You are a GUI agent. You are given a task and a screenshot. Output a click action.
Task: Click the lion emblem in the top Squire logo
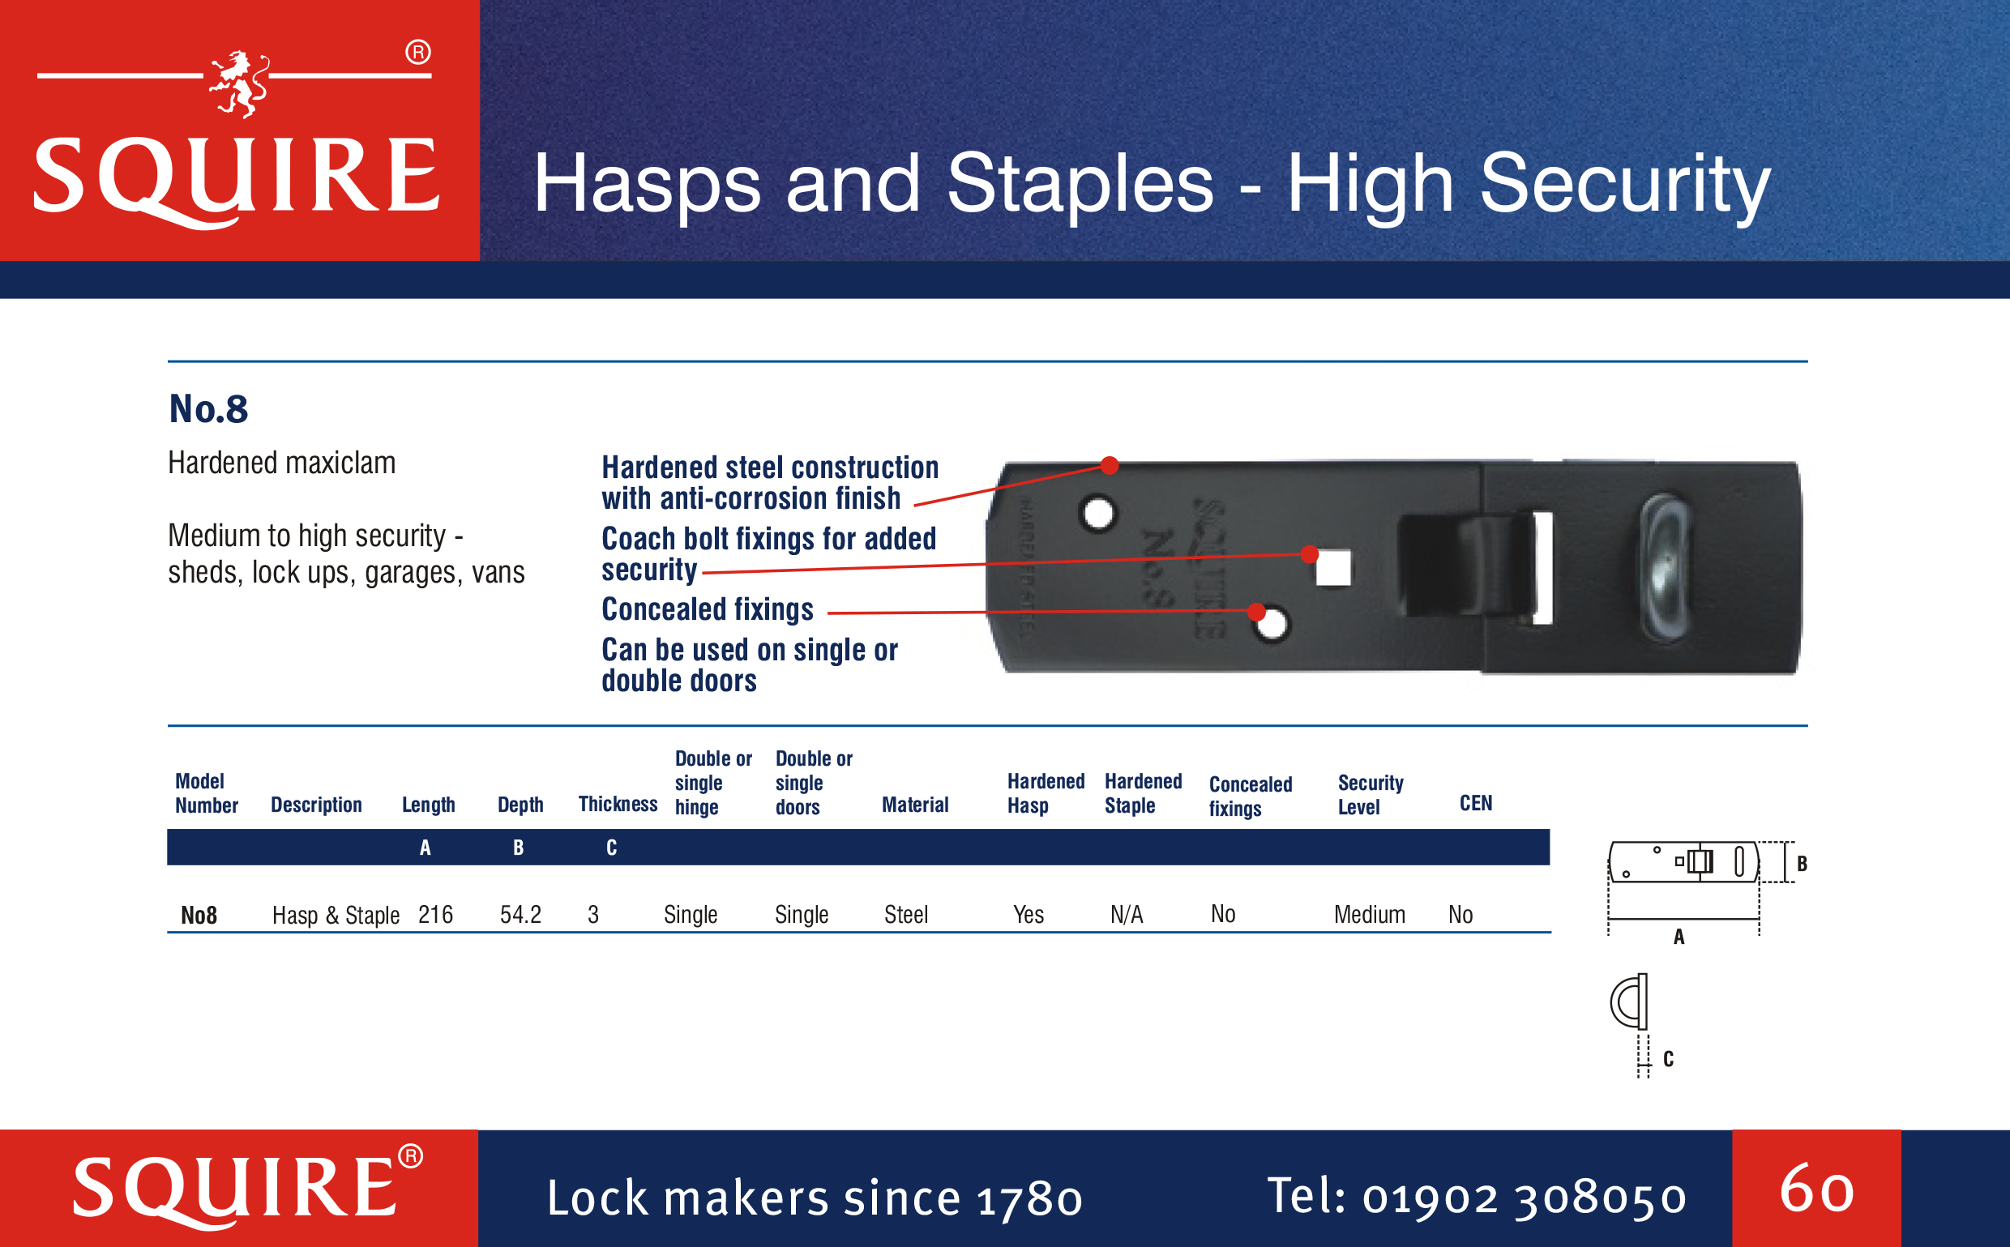(238, 84)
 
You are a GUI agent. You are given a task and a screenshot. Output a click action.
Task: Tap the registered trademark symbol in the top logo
(418, 53)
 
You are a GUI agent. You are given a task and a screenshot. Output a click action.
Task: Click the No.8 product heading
(208, 409)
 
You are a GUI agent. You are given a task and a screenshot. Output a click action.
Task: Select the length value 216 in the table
(435, 915)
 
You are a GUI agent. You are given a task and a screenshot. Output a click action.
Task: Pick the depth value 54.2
(520, 915)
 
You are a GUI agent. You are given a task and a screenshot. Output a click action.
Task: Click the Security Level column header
(1370, 794)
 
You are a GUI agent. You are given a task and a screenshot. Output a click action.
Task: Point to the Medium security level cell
(1369, 915)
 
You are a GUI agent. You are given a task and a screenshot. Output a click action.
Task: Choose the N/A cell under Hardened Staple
(1127, 915)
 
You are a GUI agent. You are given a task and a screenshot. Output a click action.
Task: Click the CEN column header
(1476, 803)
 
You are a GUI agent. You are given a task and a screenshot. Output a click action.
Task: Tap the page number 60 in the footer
(1816, 1189)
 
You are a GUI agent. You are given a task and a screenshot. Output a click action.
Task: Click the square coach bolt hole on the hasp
(1333, 568)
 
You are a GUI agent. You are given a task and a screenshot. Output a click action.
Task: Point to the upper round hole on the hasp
(1097, 514)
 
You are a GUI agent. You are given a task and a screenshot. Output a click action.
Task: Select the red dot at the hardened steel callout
(1110, 465)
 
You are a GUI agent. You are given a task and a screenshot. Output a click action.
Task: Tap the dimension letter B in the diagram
(1803, 864)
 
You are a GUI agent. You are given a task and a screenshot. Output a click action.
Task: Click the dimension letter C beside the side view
(1669, 1059)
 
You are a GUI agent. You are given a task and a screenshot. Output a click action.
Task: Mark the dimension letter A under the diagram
(1679, 937)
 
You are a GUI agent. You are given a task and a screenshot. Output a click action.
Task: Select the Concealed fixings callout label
(708, 609)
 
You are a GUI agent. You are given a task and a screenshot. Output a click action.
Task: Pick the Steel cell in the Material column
(905, 915)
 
